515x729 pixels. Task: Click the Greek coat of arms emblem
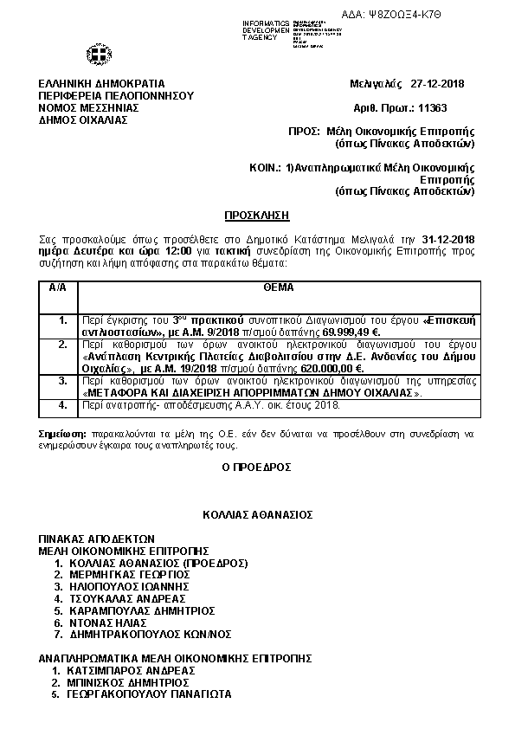pyautogui.click(x=96, y=55)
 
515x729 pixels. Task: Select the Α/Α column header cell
pyautogui.click(x=58, y=287)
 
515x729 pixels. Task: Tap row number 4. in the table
pyautogui.click(x=62, y=404)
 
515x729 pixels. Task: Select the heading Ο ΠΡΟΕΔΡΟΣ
pyautogui.click(x=257, y=467)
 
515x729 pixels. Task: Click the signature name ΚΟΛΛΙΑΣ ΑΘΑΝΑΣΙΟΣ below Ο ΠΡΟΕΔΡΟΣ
pyautogui.click(x=257, y=514)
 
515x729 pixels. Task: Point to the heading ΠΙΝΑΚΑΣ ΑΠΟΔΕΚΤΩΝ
pyautogui.click(x=96, y=538)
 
